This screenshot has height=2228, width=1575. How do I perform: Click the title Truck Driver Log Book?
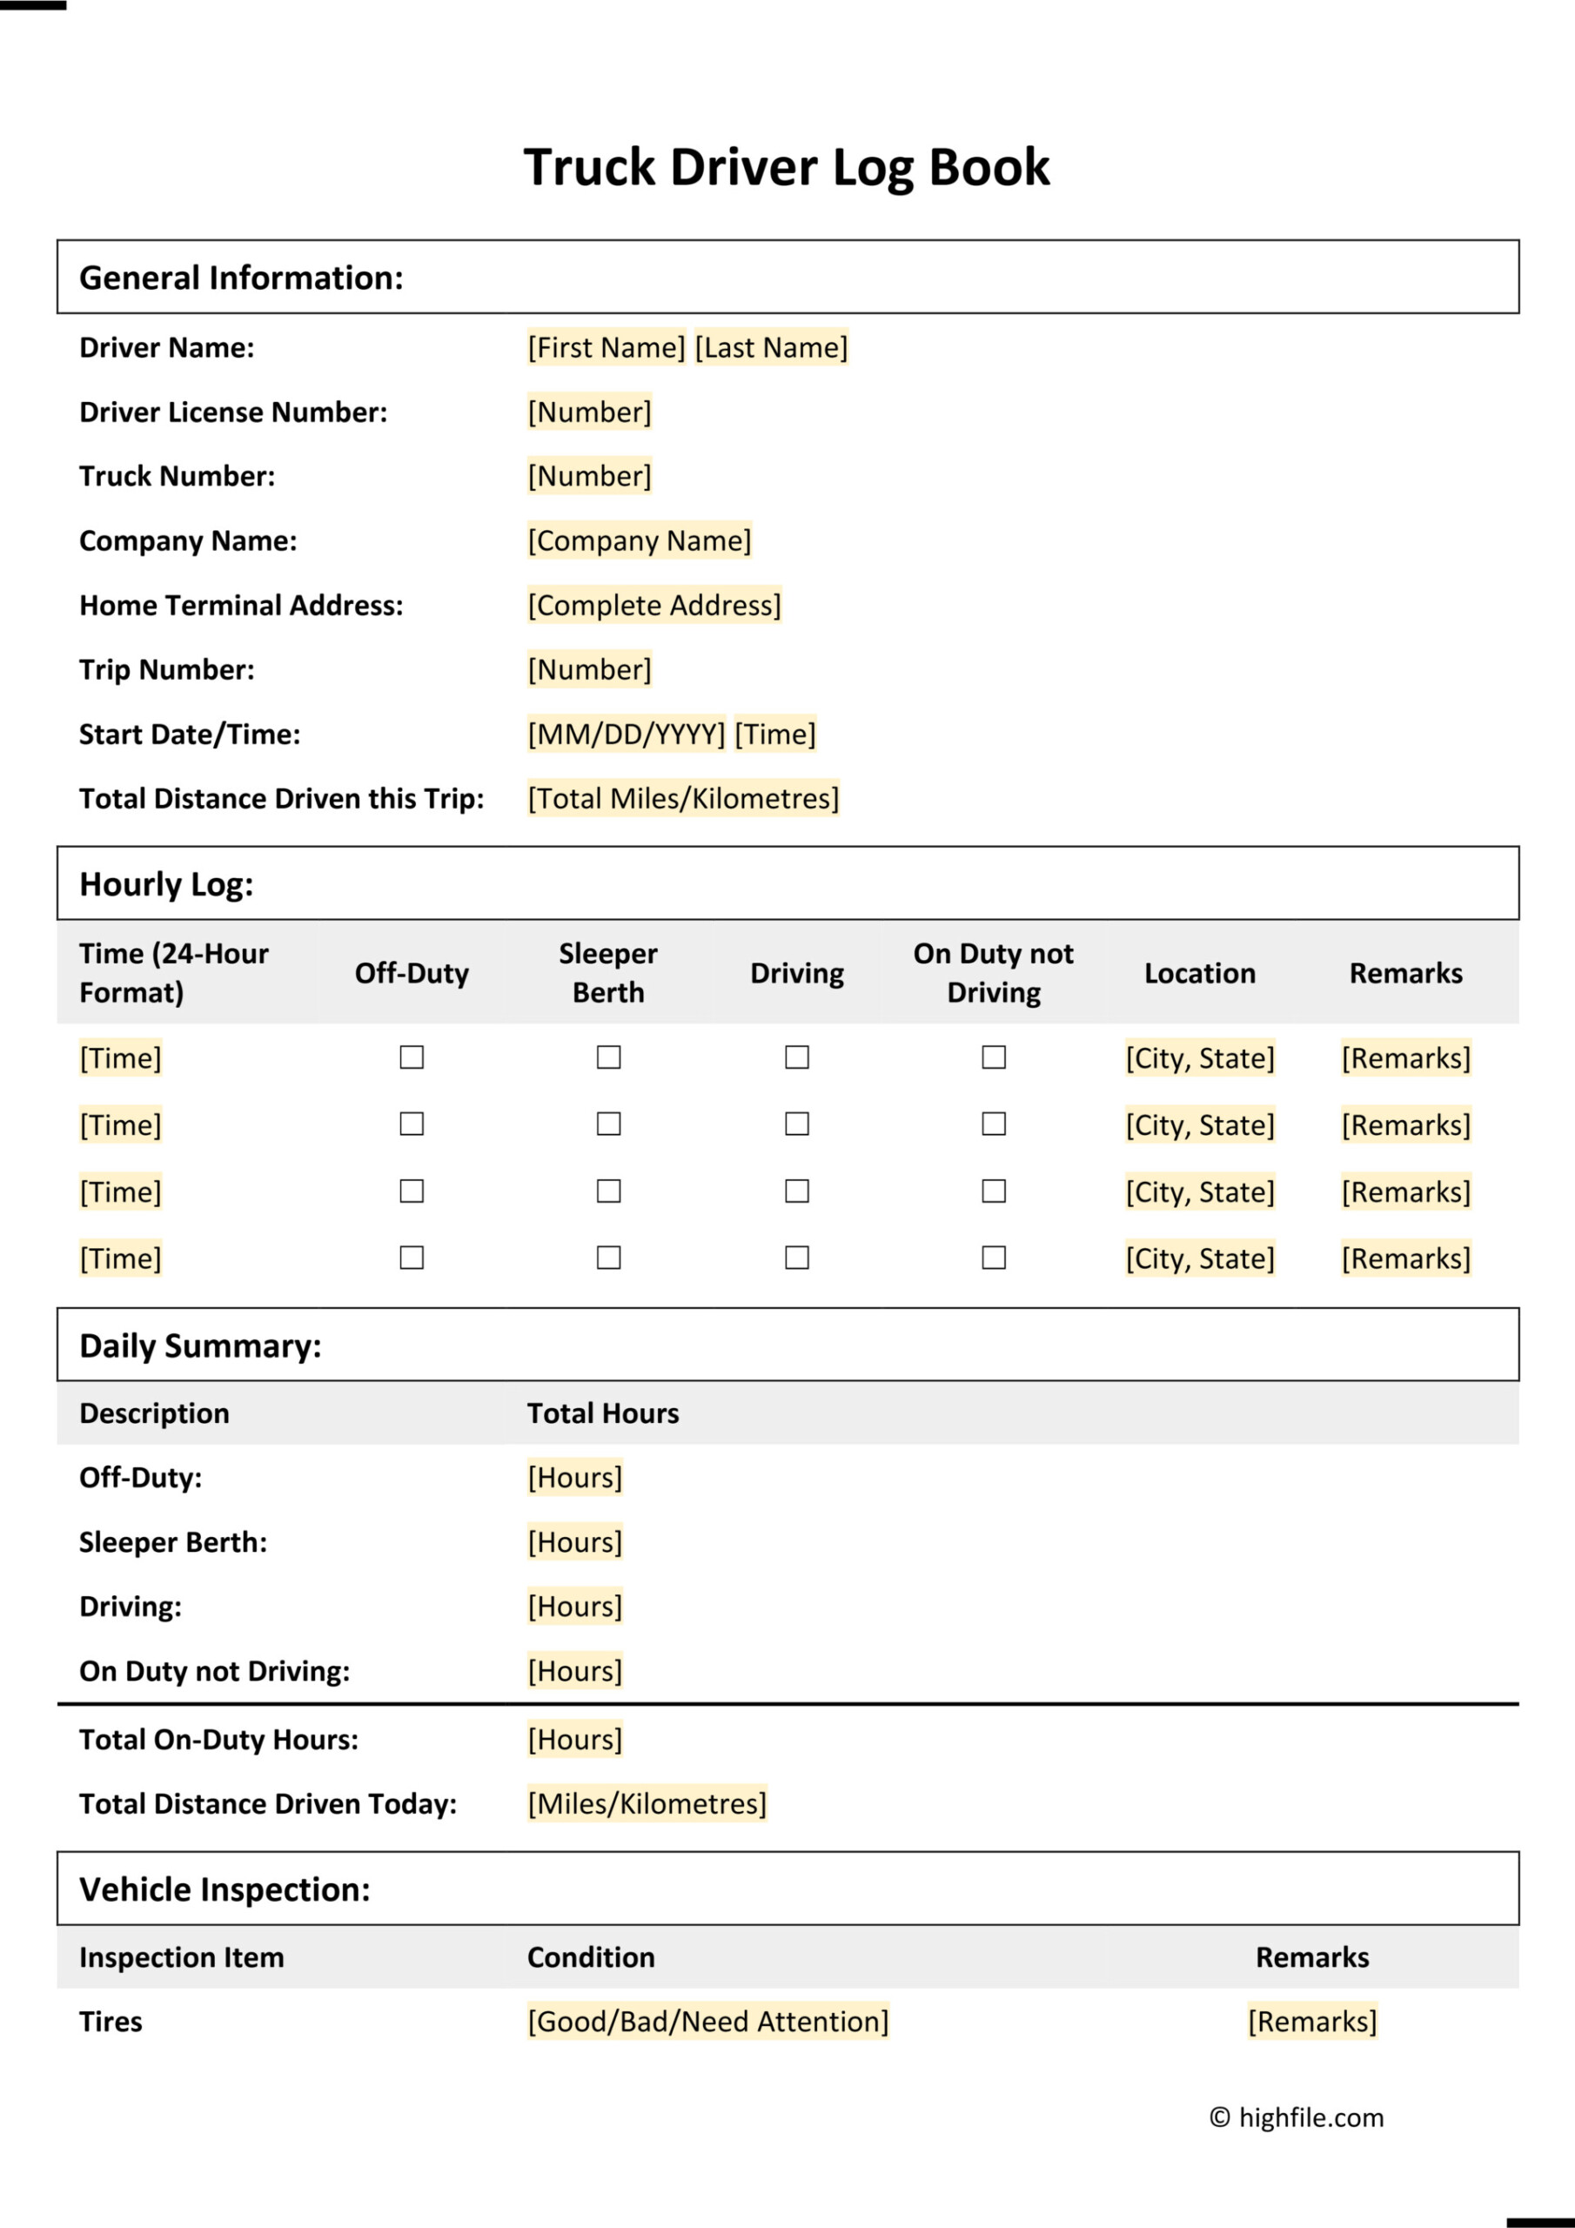click(786, 167)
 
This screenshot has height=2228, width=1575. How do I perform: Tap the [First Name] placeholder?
click(607, 347)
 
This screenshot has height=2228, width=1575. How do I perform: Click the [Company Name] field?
click(639, 540)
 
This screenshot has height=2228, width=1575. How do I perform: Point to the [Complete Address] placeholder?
click(653, 605)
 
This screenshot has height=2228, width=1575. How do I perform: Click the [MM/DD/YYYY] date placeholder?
click(626, 734)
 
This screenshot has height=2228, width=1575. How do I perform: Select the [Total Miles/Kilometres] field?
click(682, 798)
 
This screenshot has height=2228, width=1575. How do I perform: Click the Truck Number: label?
click(177, 475)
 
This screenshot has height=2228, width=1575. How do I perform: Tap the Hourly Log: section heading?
click(166, 884)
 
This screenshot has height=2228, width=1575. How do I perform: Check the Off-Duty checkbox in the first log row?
click(412, 1057)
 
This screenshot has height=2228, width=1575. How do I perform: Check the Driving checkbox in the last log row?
click(797, 1258)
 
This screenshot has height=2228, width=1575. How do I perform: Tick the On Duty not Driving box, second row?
click(993, 1124)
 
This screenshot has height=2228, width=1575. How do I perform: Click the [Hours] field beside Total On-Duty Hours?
click(574, 1739)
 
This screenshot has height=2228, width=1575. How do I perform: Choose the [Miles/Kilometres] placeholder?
click(647, 1803)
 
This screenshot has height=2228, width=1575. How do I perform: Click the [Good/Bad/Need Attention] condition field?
click(707, 2022)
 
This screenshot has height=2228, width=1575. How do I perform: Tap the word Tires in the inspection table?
click(111, 2022)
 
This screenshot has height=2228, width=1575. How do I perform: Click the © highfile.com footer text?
click(1297, 2117)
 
